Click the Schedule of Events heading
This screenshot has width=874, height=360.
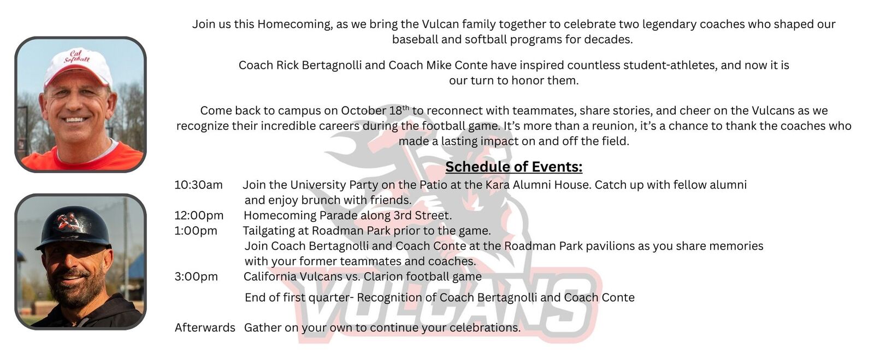pyautogui.click(x=513, y=167)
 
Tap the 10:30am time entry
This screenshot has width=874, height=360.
pyautogui.click(x=199, y=185)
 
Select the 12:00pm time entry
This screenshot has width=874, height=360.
pyautogui.click(x=199, y=215)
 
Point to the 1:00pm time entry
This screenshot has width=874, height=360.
pyautogui.click(x=196, y=231)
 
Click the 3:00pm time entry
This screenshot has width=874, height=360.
pyautogui.click(x=196, y=276)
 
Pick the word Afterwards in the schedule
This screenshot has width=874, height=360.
pyautogui.click(x=205, y=328)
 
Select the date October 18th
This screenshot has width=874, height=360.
pyautogui.click(x=375, y=110)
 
